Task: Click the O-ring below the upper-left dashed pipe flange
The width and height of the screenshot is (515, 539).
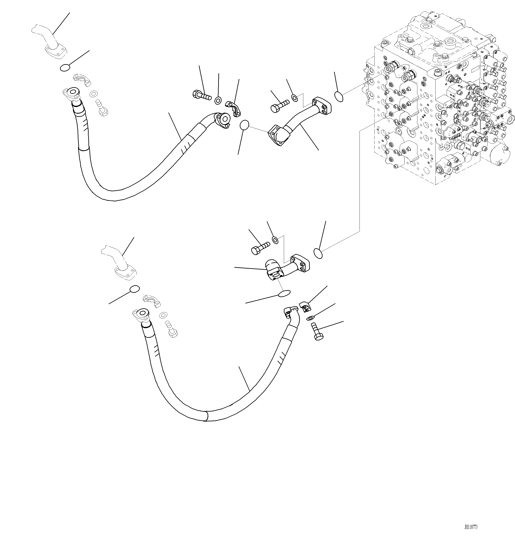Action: (x=65, y=68)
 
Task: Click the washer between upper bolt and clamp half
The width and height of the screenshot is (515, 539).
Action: (x=218, y=101)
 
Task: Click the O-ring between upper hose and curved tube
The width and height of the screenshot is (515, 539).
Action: (x=244, y=125)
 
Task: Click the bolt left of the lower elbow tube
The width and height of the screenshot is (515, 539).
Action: (x=260, y=248)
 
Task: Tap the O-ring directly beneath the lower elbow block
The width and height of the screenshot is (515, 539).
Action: (x=284, y=294)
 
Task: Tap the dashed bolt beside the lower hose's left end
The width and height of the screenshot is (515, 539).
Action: (x=172, y=329)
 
